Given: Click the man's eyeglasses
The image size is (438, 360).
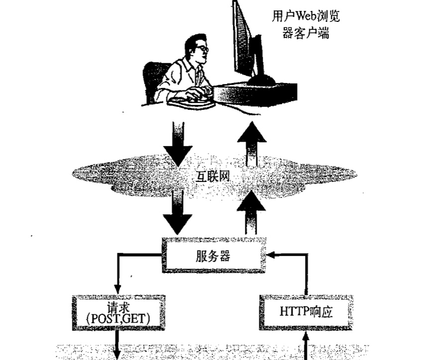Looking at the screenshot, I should pyautogui.click(x=202, y=49).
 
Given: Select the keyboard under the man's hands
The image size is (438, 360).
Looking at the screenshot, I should pyautogui.click(x=192, y=102).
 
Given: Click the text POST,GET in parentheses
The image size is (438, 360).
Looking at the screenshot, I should pyautogui.click(x=118, y=319).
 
